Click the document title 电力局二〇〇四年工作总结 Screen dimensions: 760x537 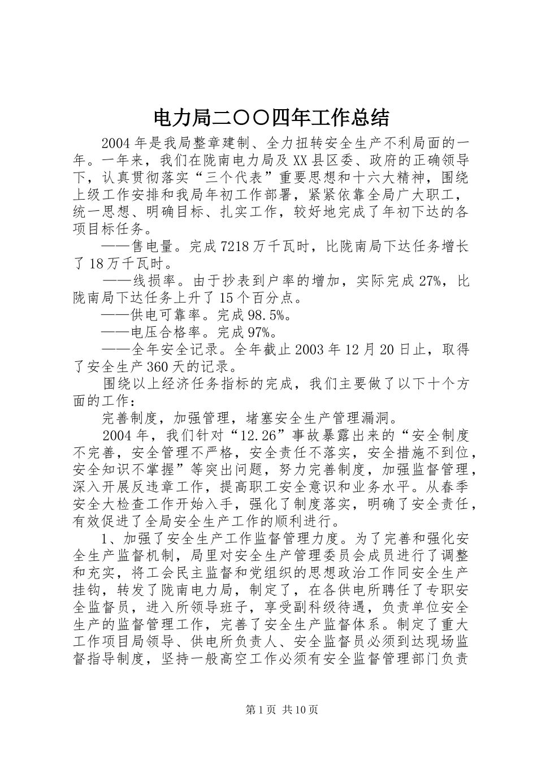pyautogui.click(x=271, y=118)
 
